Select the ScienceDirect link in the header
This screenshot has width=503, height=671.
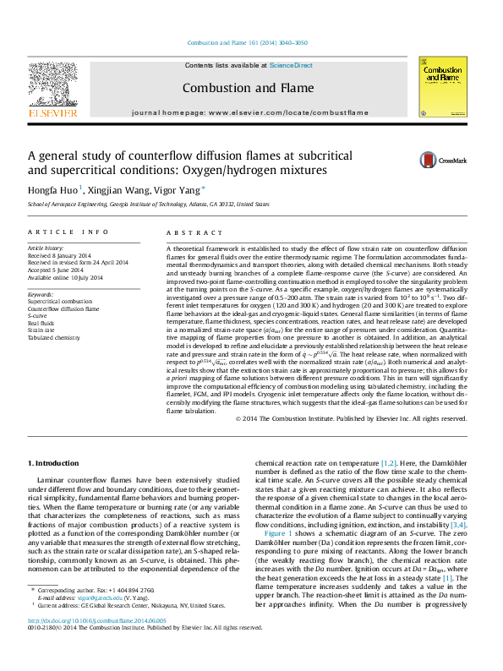click(292, 65)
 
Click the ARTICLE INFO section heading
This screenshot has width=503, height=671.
click(68, 232)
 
